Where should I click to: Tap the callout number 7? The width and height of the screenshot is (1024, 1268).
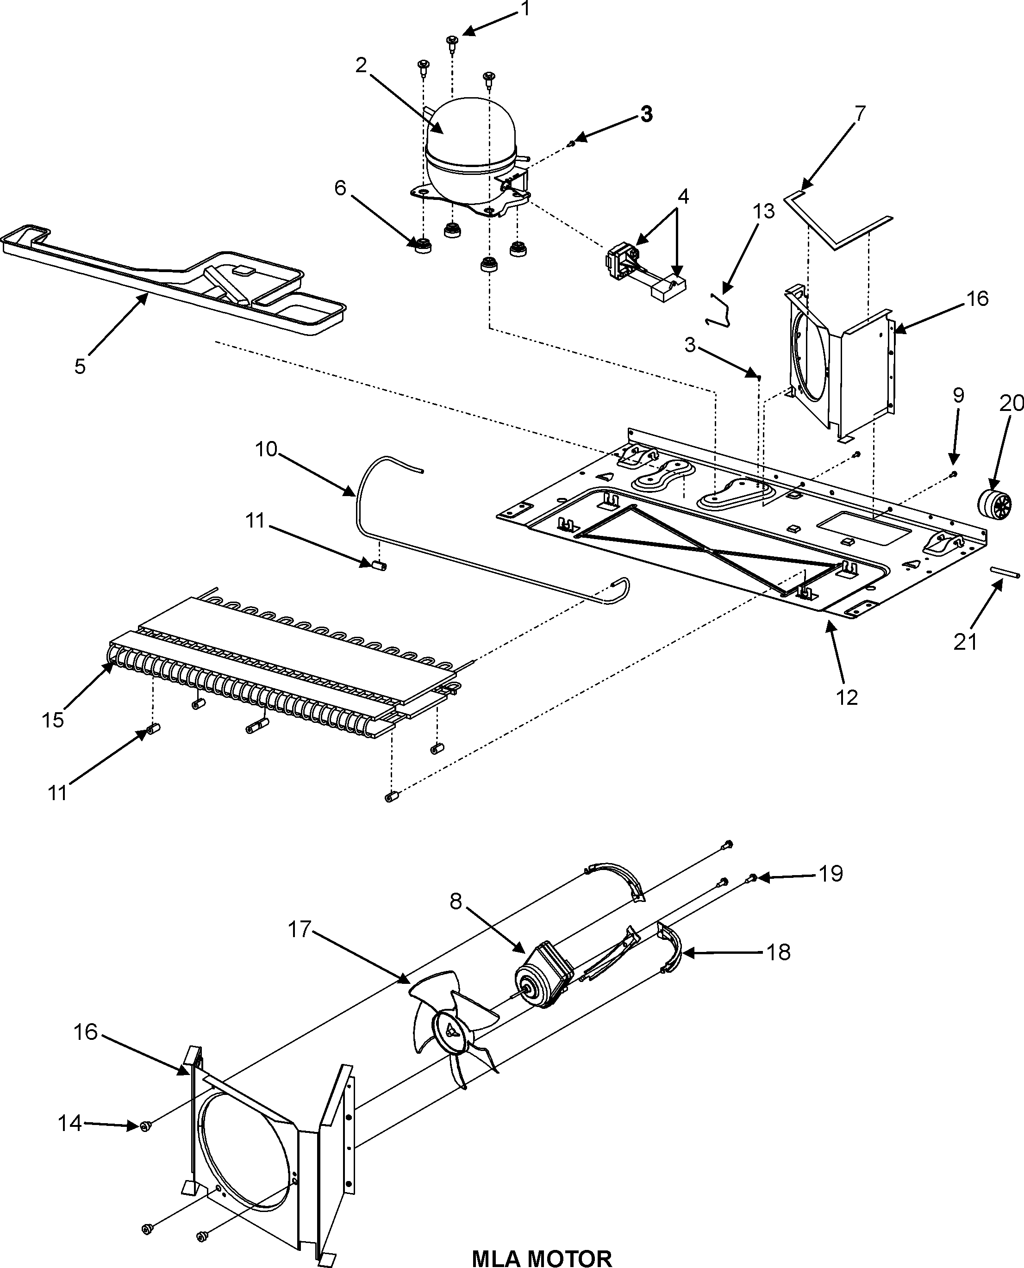860,113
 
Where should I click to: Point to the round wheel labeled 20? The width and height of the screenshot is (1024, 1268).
994,503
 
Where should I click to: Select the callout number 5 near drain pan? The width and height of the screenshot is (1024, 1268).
80,366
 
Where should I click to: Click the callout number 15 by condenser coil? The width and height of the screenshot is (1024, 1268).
53,720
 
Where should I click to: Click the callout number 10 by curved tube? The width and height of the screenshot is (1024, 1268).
266,449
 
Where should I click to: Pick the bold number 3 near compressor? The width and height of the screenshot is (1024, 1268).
647,114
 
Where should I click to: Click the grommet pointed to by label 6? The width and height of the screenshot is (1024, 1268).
422,246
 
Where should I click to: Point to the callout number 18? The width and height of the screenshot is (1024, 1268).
779,952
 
